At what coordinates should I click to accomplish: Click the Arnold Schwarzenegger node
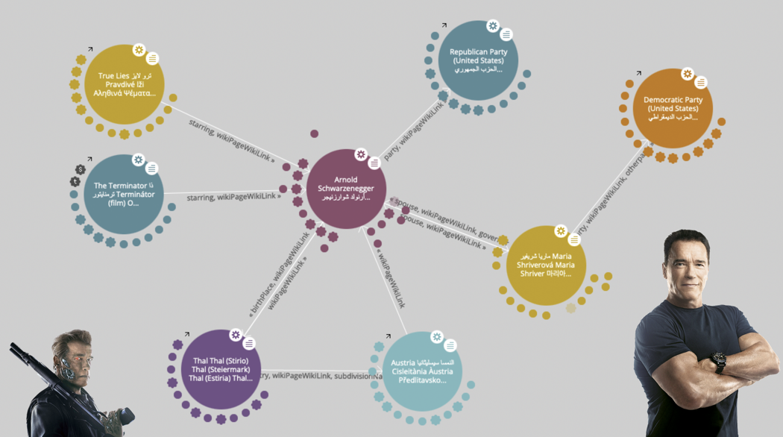[346, 189]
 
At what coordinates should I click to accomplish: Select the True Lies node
[125, 84]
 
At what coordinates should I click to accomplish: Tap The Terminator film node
[124, 194]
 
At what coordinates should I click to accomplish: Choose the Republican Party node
[478, 60]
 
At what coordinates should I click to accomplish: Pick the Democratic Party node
[673, 108]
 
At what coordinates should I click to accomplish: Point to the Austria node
[422, 371]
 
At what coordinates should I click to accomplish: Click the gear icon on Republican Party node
[492, 26]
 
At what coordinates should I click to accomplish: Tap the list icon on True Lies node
[152, 58]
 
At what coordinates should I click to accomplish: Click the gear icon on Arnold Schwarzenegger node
[361, 154]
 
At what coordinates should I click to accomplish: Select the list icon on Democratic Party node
[700, 82]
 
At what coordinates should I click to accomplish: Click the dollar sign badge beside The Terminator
[81, 169]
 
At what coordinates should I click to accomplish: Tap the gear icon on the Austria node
[437, 337]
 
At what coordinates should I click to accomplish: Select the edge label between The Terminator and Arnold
[233, 196]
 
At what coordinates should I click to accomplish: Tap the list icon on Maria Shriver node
[574, 239]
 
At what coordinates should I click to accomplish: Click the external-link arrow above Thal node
[187, 335]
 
